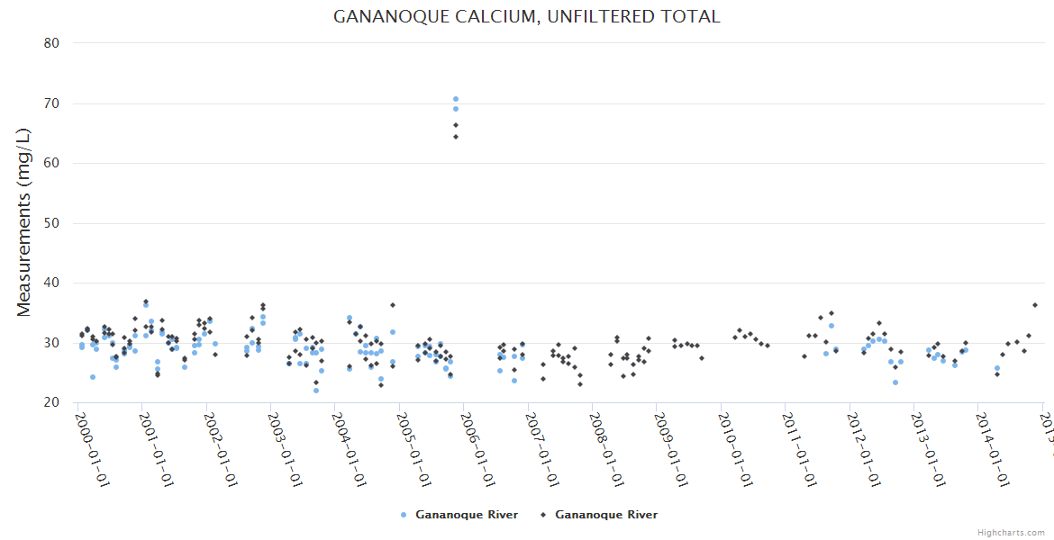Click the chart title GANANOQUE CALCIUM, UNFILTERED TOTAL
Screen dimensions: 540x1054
pos(527,17)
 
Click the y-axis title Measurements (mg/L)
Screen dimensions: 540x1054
pos(24,222)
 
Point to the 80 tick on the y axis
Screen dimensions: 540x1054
pos(51,43)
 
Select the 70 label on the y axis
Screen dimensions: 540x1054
pos(51,103)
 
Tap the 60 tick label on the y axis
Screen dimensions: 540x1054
pos(51,163)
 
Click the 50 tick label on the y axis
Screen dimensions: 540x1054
pos(51,223)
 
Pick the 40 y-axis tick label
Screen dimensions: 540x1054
pos(51,283)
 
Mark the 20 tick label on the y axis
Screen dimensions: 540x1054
pos(51,402)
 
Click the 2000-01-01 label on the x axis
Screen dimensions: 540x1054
pos(92,449)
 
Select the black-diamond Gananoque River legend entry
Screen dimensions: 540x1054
pos(599,515)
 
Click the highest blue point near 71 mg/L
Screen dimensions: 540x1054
pos(456,99)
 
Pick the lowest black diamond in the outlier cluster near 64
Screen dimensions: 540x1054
pos(456,137)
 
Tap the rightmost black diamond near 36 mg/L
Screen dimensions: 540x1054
pos(1035,305)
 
